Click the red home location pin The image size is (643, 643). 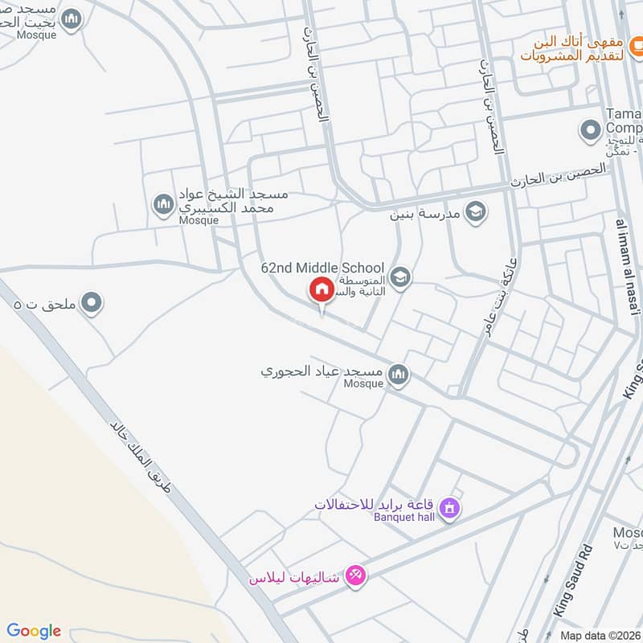pyautogui.click(x=321, y=289)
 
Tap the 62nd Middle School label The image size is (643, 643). pyautogui.click(x=322, y=268)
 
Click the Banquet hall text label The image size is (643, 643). pyautogui.click(x=403, y=517)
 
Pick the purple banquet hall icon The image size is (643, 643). pyautogui.click(x=449, y=508)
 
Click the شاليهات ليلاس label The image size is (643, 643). pyautogui.click(x=294, y=577)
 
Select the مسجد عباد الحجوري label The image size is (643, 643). pyautogui.click(x=321, y=373)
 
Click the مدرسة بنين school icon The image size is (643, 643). pyautogui.click(x=476, y=212)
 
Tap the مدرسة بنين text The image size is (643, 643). pyautogui.click(x=425, y=214)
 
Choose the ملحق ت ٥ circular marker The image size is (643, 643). pyautogui.click(x=92, y=303)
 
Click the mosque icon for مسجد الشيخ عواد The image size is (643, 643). pyautogui.click(x=164, y=203)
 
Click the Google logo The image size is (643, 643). pyautogui.click(x=34, y=631)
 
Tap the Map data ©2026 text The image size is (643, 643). pyautogui.click(x=600, y=635)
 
